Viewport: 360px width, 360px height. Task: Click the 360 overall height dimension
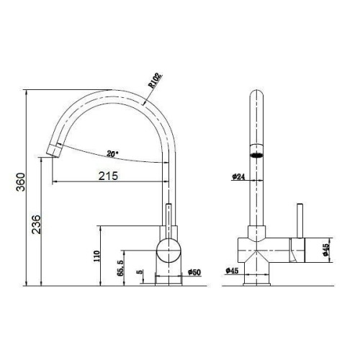21,181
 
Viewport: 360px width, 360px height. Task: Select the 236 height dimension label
37,225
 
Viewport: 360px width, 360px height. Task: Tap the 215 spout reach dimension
109,176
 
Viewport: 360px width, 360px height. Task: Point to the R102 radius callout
156,81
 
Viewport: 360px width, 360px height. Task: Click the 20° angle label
112,154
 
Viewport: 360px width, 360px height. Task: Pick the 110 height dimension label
96,256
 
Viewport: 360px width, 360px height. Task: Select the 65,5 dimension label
120,268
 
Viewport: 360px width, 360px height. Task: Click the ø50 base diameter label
194,272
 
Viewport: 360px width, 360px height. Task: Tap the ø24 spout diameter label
238,177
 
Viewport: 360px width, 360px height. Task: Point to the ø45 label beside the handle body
325,250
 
